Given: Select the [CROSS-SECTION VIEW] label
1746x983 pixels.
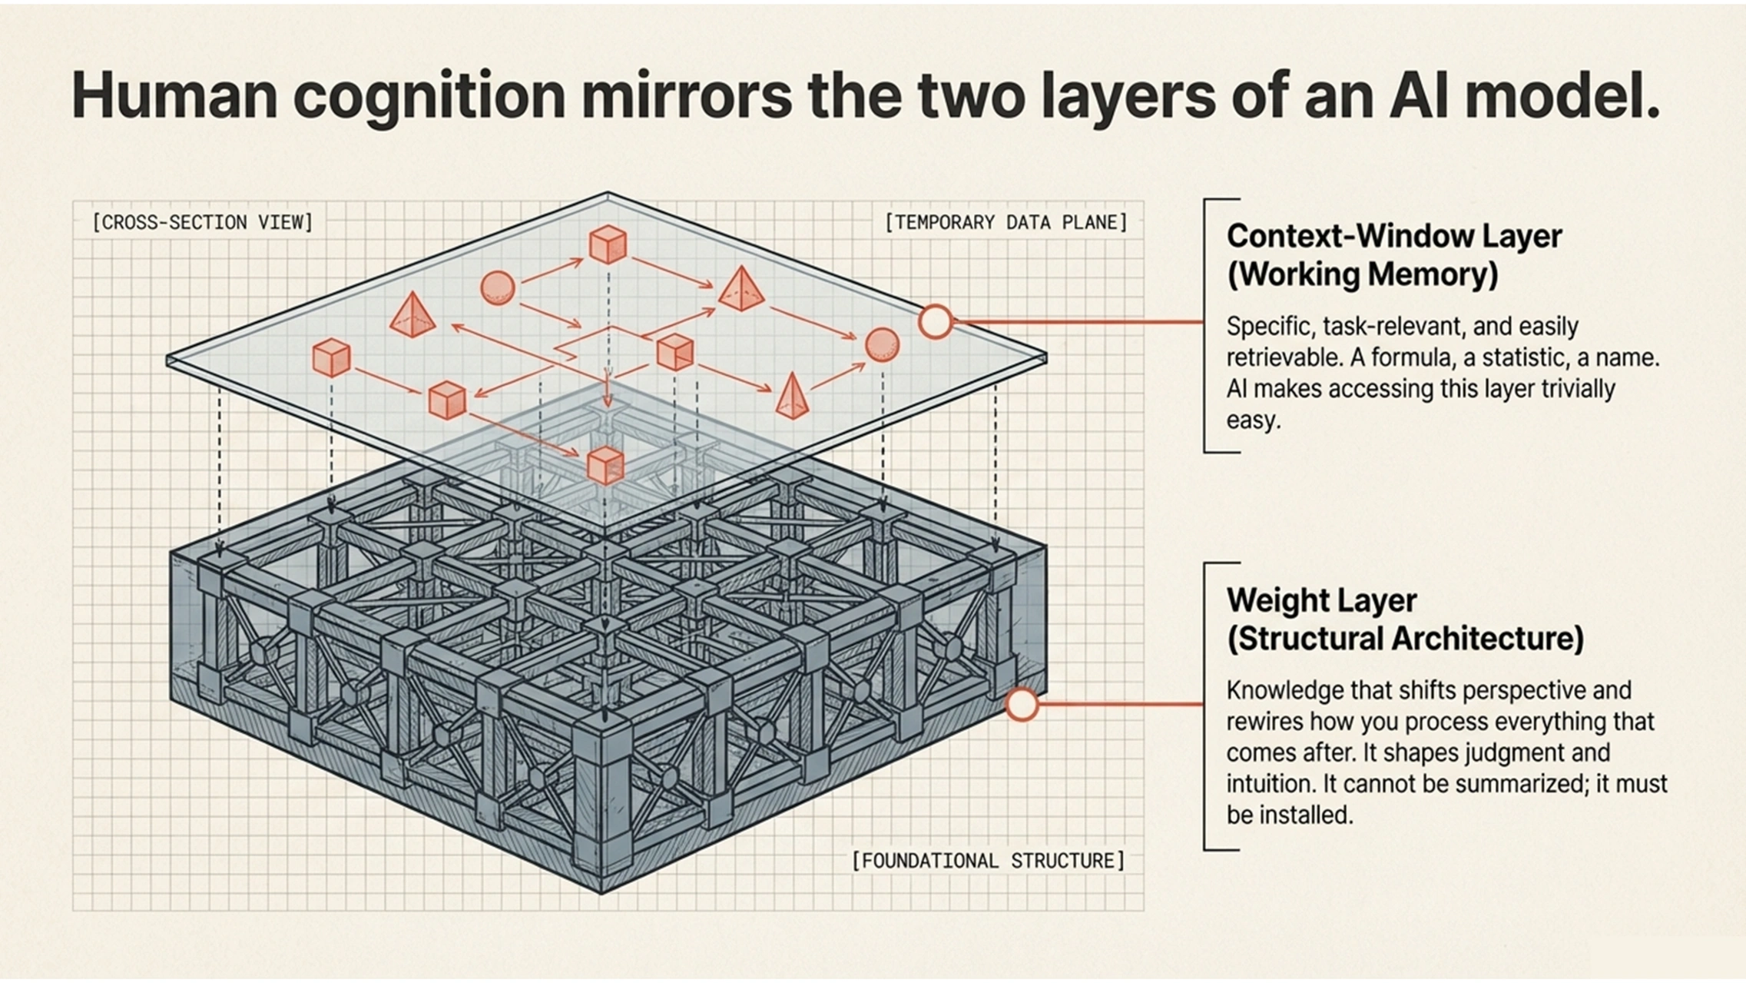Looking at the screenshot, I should click(x=203, y=223).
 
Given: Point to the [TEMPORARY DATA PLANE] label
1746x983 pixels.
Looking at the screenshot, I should click(x=1006, y=223).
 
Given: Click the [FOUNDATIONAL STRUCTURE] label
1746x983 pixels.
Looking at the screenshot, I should click(x=988, y=860).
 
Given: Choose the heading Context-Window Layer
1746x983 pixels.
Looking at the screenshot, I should click(x=1393, y=236).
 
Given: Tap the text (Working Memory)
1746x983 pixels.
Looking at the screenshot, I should click(x=1362, y=274).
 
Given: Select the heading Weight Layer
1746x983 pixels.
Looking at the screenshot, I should click(x=1321, y=600).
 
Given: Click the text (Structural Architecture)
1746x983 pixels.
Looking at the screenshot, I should click(x=1405, y=639).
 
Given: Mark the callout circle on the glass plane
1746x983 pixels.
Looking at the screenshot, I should click(x=935, y=321).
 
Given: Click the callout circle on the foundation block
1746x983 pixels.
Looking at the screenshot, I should click(x=1022, y=704).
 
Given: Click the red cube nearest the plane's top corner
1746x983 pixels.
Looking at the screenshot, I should click(x=608, y=244).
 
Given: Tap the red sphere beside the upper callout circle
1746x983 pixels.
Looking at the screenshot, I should click(x=882, y=344).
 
